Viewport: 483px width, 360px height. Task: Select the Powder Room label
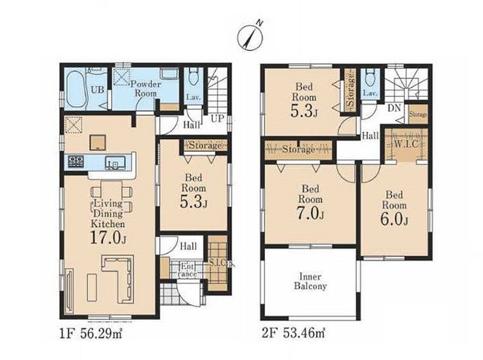point(144,89)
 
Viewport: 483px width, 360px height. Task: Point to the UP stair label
point(218,119)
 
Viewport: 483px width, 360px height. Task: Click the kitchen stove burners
point(76,162)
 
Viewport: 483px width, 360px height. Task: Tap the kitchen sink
point(115,162)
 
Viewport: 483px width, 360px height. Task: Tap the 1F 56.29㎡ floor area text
point(91,333)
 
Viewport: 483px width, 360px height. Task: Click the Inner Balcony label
point(310,281)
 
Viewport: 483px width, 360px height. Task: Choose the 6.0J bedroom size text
point(394,220)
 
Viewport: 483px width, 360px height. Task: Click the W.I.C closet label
point(406,144)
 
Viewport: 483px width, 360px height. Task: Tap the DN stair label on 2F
point(394,108)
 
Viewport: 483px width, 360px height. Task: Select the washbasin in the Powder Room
point(169,74)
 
